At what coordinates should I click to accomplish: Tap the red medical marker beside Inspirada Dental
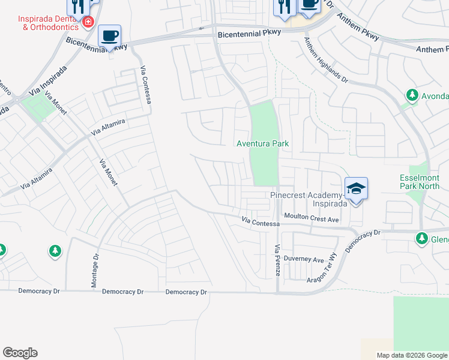88,22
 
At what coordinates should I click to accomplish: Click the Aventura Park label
263,144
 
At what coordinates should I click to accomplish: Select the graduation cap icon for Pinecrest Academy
356,188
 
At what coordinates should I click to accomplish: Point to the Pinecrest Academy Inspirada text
309,199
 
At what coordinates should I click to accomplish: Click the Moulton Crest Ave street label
312,218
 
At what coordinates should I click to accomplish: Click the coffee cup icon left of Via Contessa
109,36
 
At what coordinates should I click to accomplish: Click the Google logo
20,353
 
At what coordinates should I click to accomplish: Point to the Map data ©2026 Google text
412,355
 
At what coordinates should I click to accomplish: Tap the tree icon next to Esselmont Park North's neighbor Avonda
412,95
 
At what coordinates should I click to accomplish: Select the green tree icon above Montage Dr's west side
55,251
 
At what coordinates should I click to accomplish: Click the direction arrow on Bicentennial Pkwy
200,28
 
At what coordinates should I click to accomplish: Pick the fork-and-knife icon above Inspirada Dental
78,6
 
